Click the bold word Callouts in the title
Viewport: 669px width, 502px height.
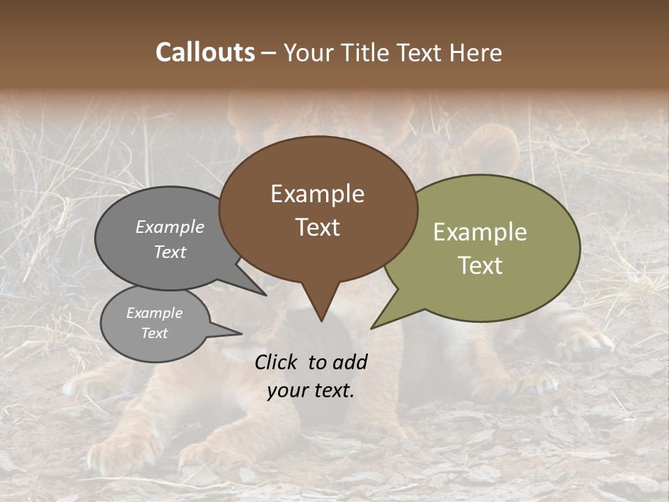coord(205,53)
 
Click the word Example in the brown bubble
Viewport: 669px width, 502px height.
coord(317,194)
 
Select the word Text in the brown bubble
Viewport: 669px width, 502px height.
coord(317,227)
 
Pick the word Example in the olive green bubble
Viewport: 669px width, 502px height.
coord(480,232)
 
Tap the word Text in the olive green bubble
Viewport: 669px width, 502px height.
coord(480,266)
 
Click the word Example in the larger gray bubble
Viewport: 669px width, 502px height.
coord(170,227)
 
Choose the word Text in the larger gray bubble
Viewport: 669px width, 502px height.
coord(170,252)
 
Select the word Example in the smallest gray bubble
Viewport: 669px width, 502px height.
coord(154,313)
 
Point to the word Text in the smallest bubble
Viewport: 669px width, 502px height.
coord(154,333)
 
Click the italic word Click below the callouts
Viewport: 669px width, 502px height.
coord(277,362)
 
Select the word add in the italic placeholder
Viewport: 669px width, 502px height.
coord(351,362)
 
